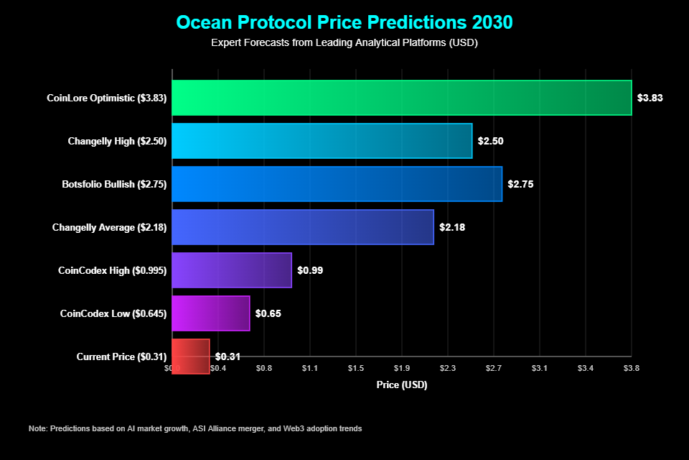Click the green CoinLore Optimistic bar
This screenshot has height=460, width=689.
pyautogui.click(x=402, y=98)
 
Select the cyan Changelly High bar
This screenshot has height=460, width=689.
pyautogui.click(x=322, y=141)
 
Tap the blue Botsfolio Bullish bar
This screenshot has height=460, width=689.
pyautogui.click(x=337, y=184)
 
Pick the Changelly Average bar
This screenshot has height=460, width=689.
pyautogui.click(x=303, y=227)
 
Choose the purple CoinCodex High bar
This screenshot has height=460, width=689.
pyautogui.click(x=232, y=270)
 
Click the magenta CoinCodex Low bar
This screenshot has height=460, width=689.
pyautogui.click(x=211, y=313)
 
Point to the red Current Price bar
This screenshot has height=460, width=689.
pyautogui.click(x=191, y=356)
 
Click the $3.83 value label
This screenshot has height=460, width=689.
pyautogui.click(x=650, y=98)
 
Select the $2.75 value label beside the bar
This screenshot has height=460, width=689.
pyautogui.click(x=520, y=184)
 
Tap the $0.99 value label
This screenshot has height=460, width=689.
pyautogui.click(x=310, y=270)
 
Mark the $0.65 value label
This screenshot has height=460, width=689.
pyautogui.click(x=268, y=313)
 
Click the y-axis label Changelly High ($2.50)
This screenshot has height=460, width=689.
pyautogui.click(x=117, y=141)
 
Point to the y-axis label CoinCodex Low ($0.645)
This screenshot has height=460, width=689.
pyautogui.click(x=113, y=313)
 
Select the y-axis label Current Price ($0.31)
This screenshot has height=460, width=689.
pyautogui.click(x=121, y=356)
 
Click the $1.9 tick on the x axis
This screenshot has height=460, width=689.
pyautogui.click(x=402, y=368)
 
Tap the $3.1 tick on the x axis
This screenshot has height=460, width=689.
pyautogui.click(x=540, y=368)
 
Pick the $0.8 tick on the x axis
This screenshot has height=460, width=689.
pyautogui.click(x=264, y=368)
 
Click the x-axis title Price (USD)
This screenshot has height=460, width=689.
pyautogui.click(x=402, y=385)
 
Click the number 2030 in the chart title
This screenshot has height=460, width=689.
pyautogui.click(x=488, y=22)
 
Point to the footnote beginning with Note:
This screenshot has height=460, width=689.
pyautogui.click(x=195, y=428)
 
